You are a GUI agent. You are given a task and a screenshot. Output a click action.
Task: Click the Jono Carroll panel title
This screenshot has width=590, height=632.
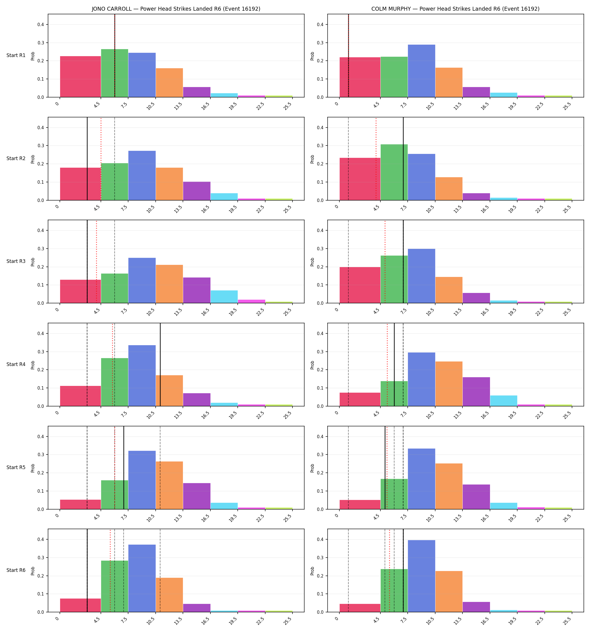176,9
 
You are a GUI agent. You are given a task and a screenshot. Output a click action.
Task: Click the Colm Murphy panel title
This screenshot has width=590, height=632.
455,9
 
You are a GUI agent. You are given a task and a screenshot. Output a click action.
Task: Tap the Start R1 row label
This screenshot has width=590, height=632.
16,55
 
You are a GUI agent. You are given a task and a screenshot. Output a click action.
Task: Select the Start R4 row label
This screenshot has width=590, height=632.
16,364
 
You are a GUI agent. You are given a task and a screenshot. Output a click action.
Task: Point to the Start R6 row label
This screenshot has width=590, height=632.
16,570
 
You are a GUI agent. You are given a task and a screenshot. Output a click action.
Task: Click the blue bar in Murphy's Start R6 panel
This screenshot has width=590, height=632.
421,576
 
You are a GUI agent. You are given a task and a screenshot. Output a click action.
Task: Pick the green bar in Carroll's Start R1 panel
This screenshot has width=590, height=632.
115,73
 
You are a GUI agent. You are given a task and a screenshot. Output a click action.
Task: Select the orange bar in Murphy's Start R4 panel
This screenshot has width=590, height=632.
449,384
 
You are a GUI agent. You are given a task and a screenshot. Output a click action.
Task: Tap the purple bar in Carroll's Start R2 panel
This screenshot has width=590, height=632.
197,191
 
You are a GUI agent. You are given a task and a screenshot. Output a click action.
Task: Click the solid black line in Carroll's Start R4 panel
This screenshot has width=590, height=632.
160,365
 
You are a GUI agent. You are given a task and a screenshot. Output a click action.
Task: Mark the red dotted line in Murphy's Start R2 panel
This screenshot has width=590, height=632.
376,159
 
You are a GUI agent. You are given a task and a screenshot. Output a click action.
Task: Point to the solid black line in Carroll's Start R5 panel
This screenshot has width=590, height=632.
124,468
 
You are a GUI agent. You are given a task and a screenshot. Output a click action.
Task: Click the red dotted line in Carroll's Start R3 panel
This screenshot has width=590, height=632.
96,262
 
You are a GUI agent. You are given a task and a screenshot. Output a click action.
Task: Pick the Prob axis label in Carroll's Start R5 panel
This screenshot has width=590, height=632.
33,468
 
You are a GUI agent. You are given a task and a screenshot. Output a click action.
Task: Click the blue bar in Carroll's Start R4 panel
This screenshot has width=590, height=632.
142,376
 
